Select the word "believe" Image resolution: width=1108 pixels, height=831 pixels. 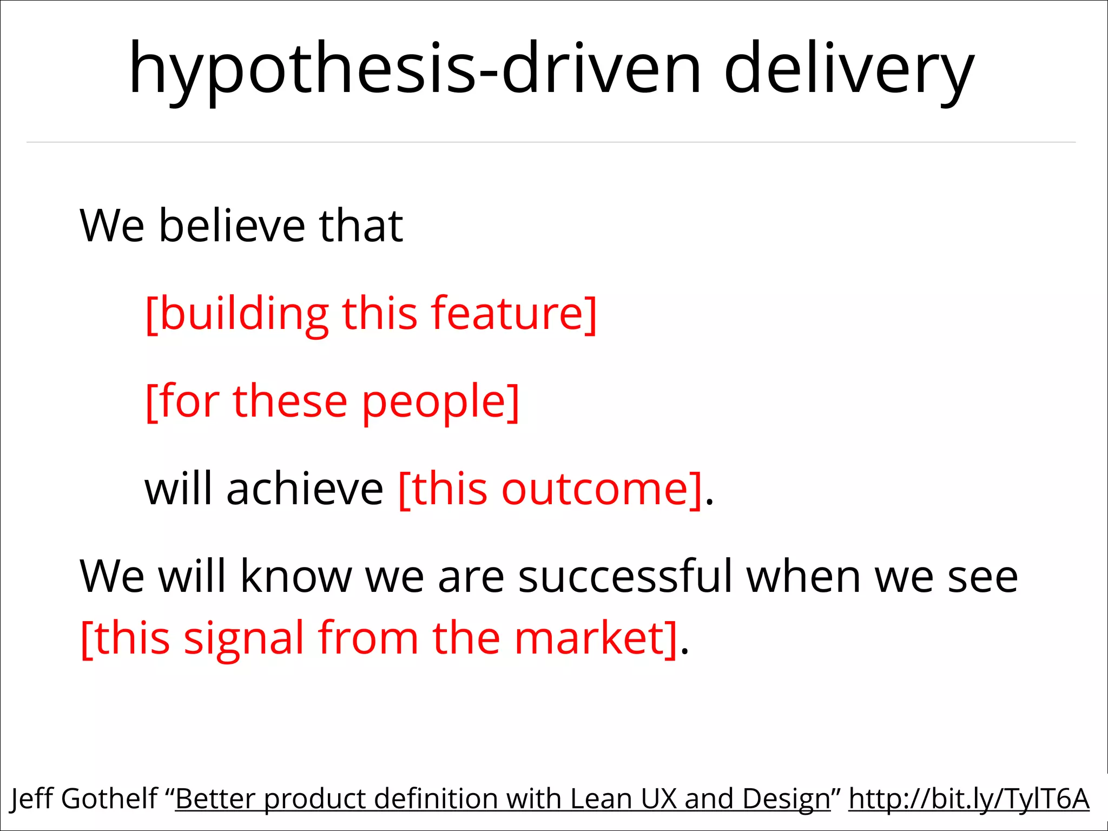coord(232,226)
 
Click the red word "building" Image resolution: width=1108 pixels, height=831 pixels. coord(244,314)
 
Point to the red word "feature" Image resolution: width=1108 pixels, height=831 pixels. coord(506,314)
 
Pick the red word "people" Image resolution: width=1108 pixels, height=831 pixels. coord(433,402)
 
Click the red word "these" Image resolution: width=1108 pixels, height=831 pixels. coord(290,402)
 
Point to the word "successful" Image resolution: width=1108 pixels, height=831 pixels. coord(625,577)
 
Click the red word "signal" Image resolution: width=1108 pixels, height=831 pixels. coord(244,638)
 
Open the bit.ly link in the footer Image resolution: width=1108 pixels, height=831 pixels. coord(968,799)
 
